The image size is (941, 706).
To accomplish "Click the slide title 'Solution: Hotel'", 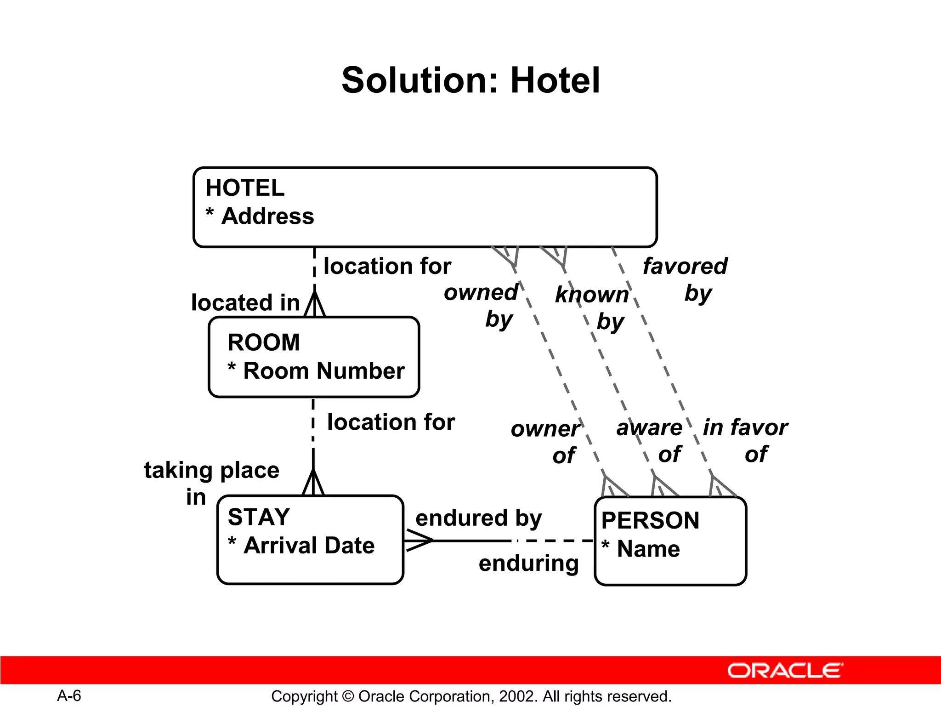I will click(x=470, y=80).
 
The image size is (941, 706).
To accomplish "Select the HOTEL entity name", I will click(x=245, y=188).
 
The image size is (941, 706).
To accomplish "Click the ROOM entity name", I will click(x=264, y=342).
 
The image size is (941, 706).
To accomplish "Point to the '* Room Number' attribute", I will click(x=317, y=371).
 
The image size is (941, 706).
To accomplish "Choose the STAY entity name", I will click(x=259, y=517).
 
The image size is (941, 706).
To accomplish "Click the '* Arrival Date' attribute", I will click(x=302, y=546).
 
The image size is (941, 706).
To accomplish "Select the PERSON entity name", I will click(x=650, y=521).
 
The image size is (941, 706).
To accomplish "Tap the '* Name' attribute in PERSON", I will click(x=641, y=549).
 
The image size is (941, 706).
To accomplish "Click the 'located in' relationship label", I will click(x=245, y=303).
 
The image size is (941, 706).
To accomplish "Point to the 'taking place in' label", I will click(x=211, y=483).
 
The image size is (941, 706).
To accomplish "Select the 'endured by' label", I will click(x=478, y=518).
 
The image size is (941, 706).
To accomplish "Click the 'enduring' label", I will click(x=528, y=564).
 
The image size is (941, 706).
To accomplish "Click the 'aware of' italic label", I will click(x=649, y=440).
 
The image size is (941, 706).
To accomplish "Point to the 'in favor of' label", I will click(x=745, y=440).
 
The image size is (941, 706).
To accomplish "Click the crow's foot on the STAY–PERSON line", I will click(x=418, y=541).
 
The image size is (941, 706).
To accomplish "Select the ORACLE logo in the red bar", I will click(x=785, y=671).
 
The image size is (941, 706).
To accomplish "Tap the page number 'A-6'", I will click(x=69, y=696).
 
